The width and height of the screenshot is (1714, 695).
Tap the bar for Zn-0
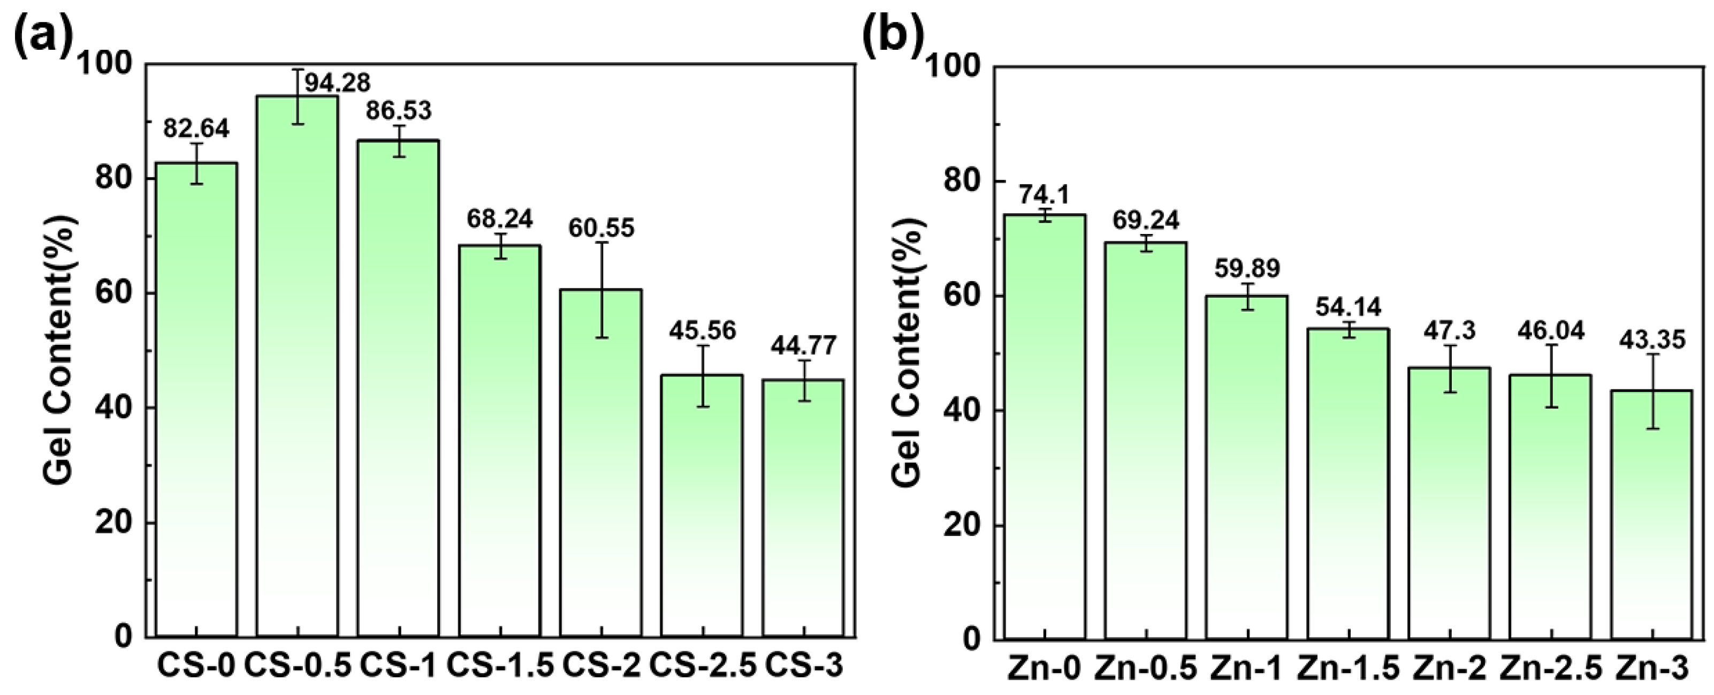[x=1044, y=426]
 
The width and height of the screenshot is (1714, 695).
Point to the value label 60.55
[x=601, y=228]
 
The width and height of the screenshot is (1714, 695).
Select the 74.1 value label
[x=1044, y=195]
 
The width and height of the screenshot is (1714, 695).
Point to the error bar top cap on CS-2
[x=601, y=243]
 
